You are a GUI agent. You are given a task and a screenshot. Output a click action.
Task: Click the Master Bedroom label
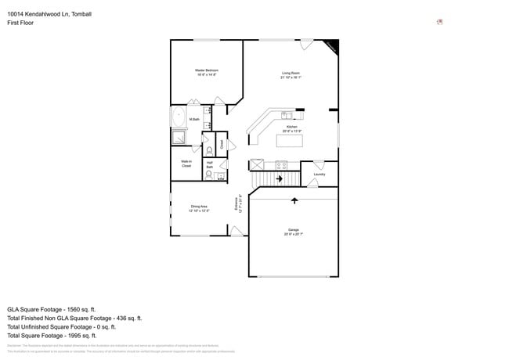coord(206,73)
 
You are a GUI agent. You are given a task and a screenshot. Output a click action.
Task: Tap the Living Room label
coord(291,75)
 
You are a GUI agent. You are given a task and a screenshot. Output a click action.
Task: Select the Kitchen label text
coord(291,128)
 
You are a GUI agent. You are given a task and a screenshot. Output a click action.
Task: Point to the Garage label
coord(293,232)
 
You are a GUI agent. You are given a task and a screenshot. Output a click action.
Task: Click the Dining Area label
coord(198,208)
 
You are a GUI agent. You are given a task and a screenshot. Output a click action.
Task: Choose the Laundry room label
coord(319,175)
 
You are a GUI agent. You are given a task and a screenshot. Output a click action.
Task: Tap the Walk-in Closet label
coord(186,164)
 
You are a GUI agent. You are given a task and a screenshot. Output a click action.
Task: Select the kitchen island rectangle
coord(291,141)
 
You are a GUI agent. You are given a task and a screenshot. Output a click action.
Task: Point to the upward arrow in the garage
coord(294,200)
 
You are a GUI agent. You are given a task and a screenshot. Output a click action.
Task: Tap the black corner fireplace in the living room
coord(332,47)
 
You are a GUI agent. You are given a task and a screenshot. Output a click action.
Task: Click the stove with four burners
coord(282,165)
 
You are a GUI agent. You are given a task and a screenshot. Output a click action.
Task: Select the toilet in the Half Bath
coord(209,175)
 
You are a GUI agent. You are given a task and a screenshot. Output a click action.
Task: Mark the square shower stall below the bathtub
coord(179,138)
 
